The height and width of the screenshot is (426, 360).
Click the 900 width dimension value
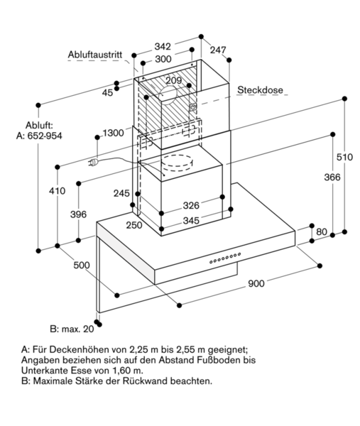[x=256, y=283]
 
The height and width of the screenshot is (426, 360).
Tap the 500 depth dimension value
[x=82, y=265]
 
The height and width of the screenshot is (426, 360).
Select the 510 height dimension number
[x=344, y=157]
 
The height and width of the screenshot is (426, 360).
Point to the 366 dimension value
[x=332, y=177]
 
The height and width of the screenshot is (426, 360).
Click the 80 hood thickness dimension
[x=322, y=231]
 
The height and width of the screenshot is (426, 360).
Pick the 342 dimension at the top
[x=163, y=47]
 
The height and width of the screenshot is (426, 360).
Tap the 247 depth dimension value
[x=218, y=50]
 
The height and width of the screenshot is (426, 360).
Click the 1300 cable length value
[x=114, y=133]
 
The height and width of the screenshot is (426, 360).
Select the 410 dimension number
[x=57, y=191]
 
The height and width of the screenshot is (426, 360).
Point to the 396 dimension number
[x=79, y=214]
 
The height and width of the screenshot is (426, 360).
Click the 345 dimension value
[x=191, y=220]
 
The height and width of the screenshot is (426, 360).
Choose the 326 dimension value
[x=191, y=205]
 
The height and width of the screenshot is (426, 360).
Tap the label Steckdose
[x=260, y=90]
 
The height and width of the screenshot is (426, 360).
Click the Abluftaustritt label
[x=95, y=55]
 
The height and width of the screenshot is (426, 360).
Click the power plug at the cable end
[x=93, y=162]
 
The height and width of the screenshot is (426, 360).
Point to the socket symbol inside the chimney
[x=192, y=107]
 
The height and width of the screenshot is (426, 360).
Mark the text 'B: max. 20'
[x=72, y=329]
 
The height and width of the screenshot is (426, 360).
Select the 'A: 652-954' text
[x=39, y=136]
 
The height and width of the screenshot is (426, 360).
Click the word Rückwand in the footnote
[x=145, y=381]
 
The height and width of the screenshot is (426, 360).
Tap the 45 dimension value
[x=107, y=93]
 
